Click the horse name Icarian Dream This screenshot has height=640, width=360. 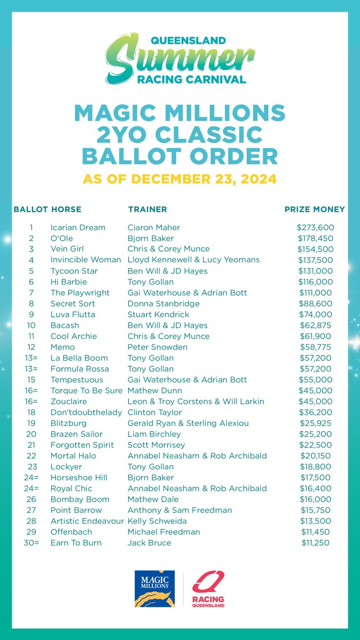point(78,227)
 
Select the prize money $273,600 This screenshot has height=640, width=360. point(315,227)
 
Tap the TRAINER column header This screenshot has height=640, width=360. point(147,209)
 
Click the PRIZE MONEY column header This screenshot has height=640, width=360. point(315,209)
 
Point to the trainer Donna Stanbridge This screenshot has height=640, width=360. point(164,304)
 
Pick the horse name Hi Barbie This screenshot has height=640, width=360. point(68,282)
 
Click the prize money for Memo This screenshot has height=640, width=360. point(315,347)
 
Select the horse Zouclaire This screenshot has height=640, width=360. point(68,401)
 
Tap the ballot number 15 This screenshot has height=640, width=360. point(31,380)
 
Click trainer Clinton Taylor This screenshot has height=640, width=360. point(154,412)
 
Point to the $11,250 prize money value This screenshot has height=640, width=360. point(315,543)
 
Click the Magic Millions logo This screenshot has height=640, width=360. point(155,589)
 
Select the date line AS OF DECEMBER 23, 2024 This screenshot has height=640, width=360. point(180,180)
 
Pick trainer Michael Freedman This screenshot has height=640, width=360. point(164,532)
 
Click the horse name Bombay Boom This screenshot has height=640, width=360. point(80,499)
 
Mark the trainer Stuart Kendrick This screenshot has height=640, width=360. point(158,314)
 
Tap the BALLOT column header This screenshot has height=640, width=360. point(31,209)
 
